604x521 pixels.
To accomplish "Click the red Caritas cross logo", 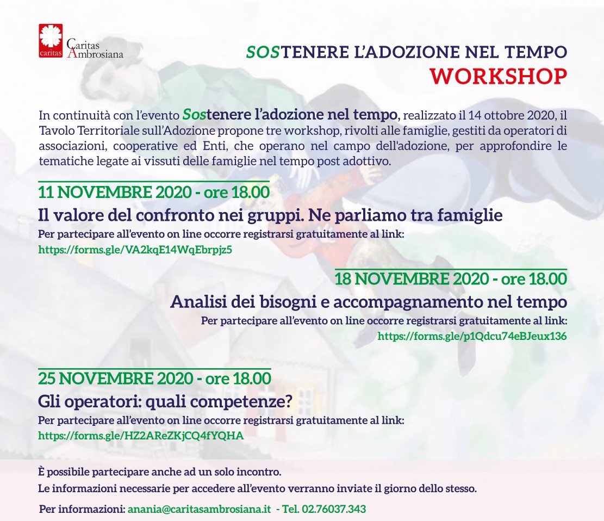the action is [51, 40].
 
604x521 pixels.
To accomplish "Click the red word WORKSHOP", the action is [499, 76].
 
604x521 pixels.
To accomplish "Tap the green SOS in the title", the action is [263, 52].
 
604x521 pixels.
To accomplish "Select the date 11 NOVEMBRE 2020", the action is [115, 192].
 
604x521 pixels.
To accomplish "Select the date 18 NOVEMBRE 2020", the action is [412, 278].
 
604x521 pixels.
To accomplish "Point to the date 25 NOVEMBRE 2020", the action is [116, 379].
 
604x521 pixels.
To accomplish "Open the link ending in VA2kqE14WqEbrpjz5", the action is [135, 250].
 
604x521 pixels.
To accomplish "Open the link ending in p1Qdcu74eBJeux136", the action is [472, 336].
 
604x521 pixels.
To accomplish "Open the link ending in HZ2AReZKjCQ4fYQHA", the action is [141, 436].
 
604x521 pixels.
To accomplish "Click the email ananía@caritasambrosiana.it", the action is [200, 509].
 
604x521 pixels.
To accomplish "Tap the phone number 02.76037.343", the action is [334, 509].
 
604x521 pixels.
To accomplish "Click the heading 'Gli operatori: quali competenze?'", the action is [165, 401].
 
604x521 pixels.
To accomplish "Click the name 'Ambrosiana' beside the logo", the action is [95, 53].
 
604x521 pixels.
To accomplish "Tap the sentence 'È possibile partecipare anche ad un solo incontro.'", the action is [160, 472].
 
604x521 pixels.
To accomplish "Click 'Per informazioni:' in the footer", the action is [83, 509].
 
